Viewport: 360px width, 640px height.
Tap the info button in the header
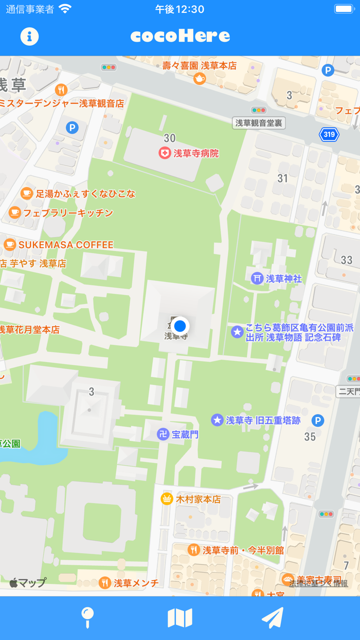click(29, 36)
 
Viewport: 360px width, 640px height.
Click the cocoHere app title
click(180, 36)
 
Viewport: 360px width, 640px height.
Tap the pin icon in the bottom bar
click(87, 617)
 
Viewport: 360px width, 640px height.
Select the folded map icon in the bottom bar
click(180, 617)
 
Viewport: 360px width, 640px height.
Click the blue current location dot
click(179, 326)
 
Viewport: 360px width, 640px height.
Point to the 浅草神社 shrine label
click(283, 278)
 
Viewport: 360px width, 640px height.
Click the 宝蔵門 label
click(185, 434)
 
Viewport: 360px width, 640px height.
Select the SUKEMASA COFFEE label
click(66, 245)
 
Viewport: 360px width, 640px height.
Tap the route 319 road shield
click(329, 135)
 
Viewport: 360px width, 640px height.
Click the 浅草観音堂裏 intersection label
click(259, 123)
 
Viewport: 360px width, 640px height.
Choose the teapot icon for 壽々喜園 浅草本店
click(200, 78)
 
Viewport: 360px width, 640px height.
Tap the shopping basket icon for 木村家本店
click(167, 499)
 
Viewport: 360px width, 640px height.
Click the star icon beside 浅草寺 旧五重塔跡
click(218, 420)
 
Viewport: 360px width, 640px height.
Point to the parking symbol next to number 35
click(318, 421)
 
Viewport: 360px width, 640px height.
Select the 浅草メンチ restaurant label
click(136, 583)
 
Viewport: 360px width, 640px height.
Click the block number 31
click(283, 178)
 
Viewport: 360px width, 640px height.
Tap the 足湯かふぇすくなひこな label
click(85, 194)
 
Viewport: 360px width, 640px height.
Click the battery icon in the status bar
click(344, 9)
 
